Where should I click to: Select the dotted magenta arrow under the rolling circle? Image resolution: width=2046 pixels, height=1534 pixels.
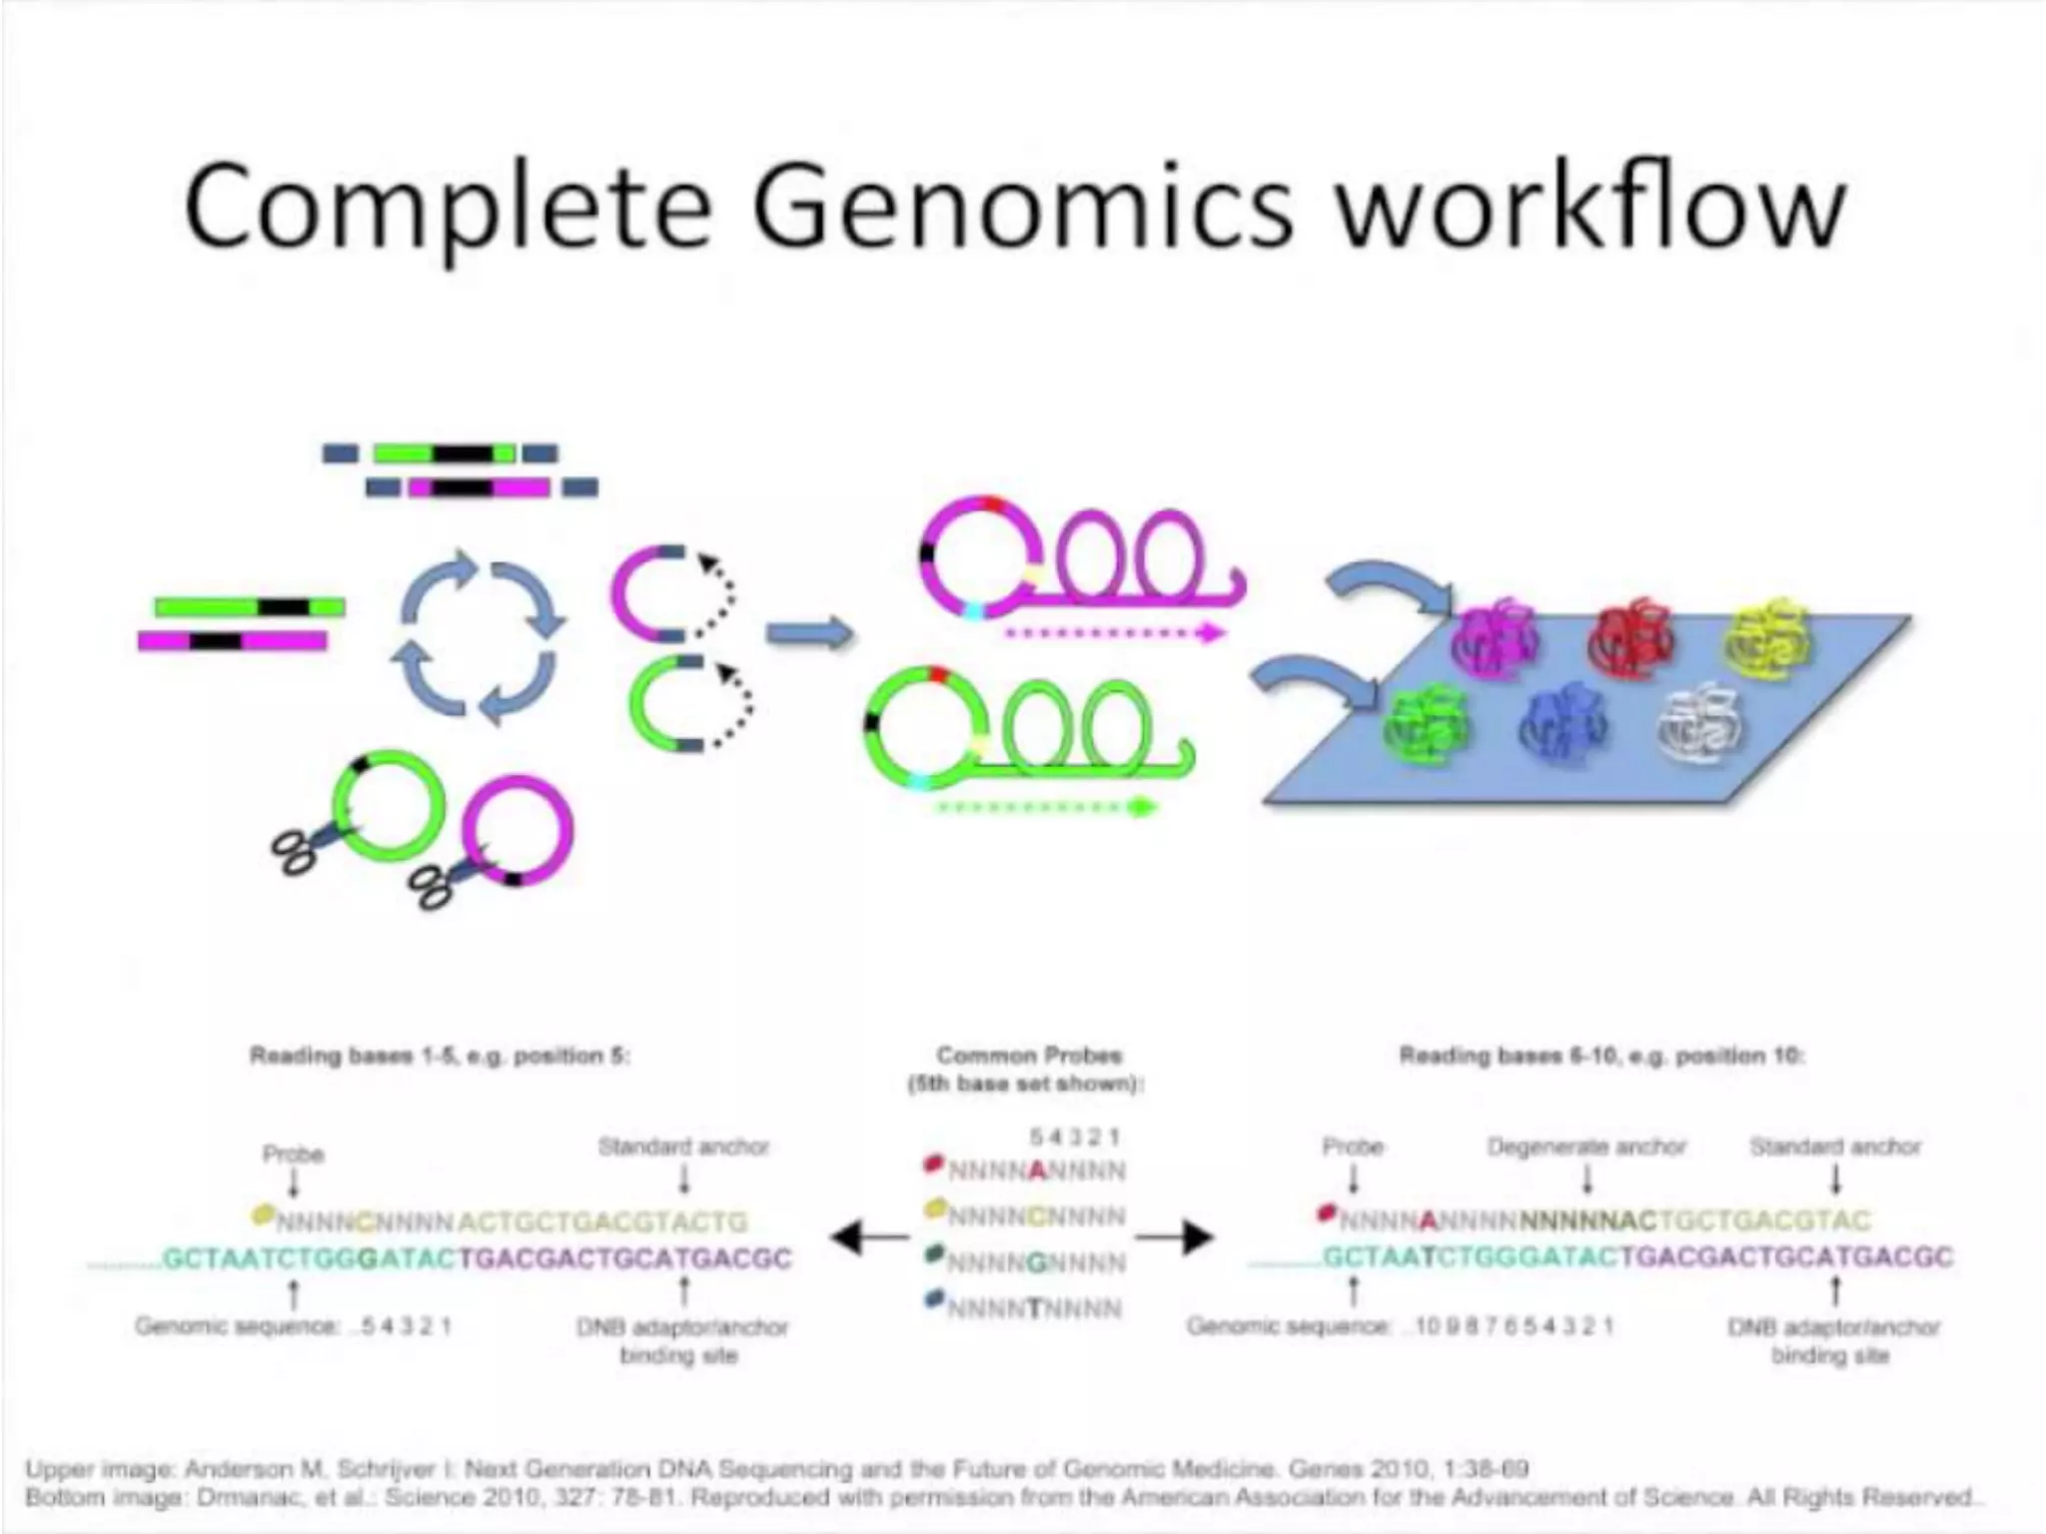pos(1114,632)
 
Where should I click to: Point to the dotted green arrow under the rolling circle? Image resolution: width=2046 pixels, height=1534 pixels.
pos(1044,806)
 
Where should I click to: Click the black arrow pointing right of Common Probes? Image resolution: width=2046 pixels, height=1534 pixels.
pos(1177,1238)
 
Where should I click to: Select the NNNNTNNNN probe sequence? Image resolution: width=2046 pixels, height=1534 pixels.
pos(1035,1307)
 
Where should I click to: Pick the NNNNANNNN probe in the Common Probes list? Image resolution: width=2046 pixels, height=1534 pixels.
pos(1035,1169)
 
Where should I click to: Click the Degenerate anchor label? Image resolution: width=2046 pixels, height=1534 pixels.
pos(1586,1147)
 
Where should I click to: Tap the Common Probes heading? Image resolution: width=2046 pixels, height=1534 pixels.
pos(1029,1056)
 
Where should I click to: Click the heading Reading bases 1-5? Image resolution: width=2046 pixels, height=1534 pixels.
pos(440,1056)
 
